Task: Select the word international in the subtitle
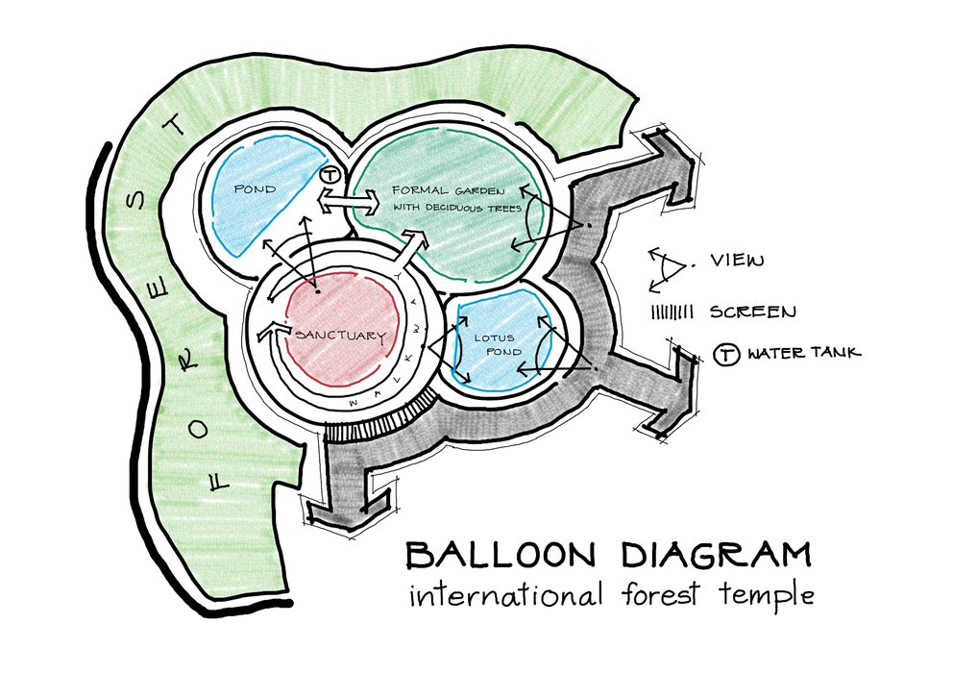click(x=502, y=595)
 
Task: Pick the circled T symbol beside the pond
click(x=330, y=176)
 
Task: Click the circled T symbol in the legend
click(x=728, y=354)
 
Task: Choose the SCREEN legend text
click(x=753, y=312)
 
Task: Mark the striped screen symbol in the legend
click(x=678, y=312)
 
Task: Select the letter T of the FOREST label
click(x=173, y=128)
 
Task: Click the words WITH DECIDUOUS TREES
click(x=455, y=207)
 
